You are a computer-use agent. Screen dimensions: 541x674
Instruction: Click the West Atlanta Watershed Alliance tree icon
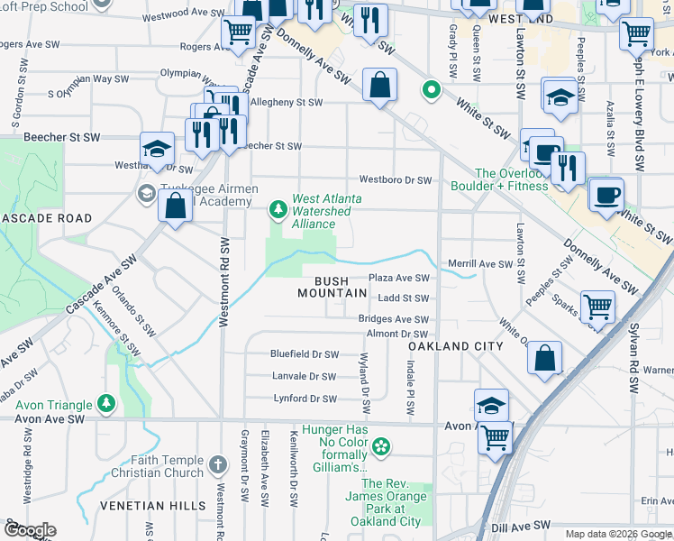pos(278,210)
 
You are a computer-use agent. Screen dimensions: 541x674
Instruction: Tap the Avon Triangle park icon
pos(107,401)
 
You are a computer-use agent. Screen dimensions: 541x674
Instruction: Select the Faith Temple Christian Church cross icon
pos(217,465)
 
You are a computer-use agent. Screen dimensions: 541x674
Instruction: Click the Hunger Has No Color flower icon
pos(382,445)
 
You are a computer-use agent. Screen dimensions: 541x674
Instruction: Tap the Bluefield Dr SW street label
pos(305,354)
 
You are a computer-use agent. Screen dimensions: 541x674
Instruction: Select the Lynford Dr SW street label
pos(305,399)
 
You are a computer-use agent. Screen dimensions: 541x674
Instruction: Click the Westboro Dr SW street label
pos(396,180)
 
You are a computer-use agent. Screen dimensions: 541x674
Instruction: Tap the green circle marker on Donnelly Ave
pos(432,90)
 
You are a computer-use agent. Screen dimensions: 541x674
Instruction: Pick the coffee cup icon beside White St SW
pos(606,194)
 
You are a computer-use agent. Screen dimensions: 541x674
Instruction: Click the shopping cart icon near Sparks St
pos(597,307)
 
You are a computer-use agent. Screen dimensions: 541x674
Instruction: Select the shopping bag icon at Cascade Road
pos(174,205)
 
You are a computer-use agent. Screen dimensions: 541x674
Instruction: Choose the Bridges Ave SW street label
pos(394,319)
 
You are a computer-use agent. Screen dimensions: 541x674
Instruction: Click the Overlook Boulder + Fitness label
pos(511,179)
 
